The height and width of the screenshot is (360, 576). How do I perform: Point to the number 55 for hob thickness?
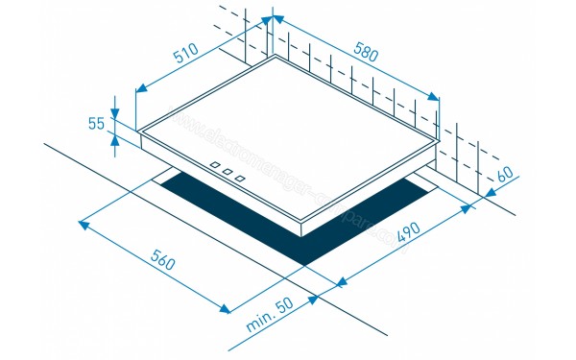(96, 123)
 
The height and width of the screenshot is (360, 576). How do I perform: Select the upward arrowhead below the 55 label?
(115, 136)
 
